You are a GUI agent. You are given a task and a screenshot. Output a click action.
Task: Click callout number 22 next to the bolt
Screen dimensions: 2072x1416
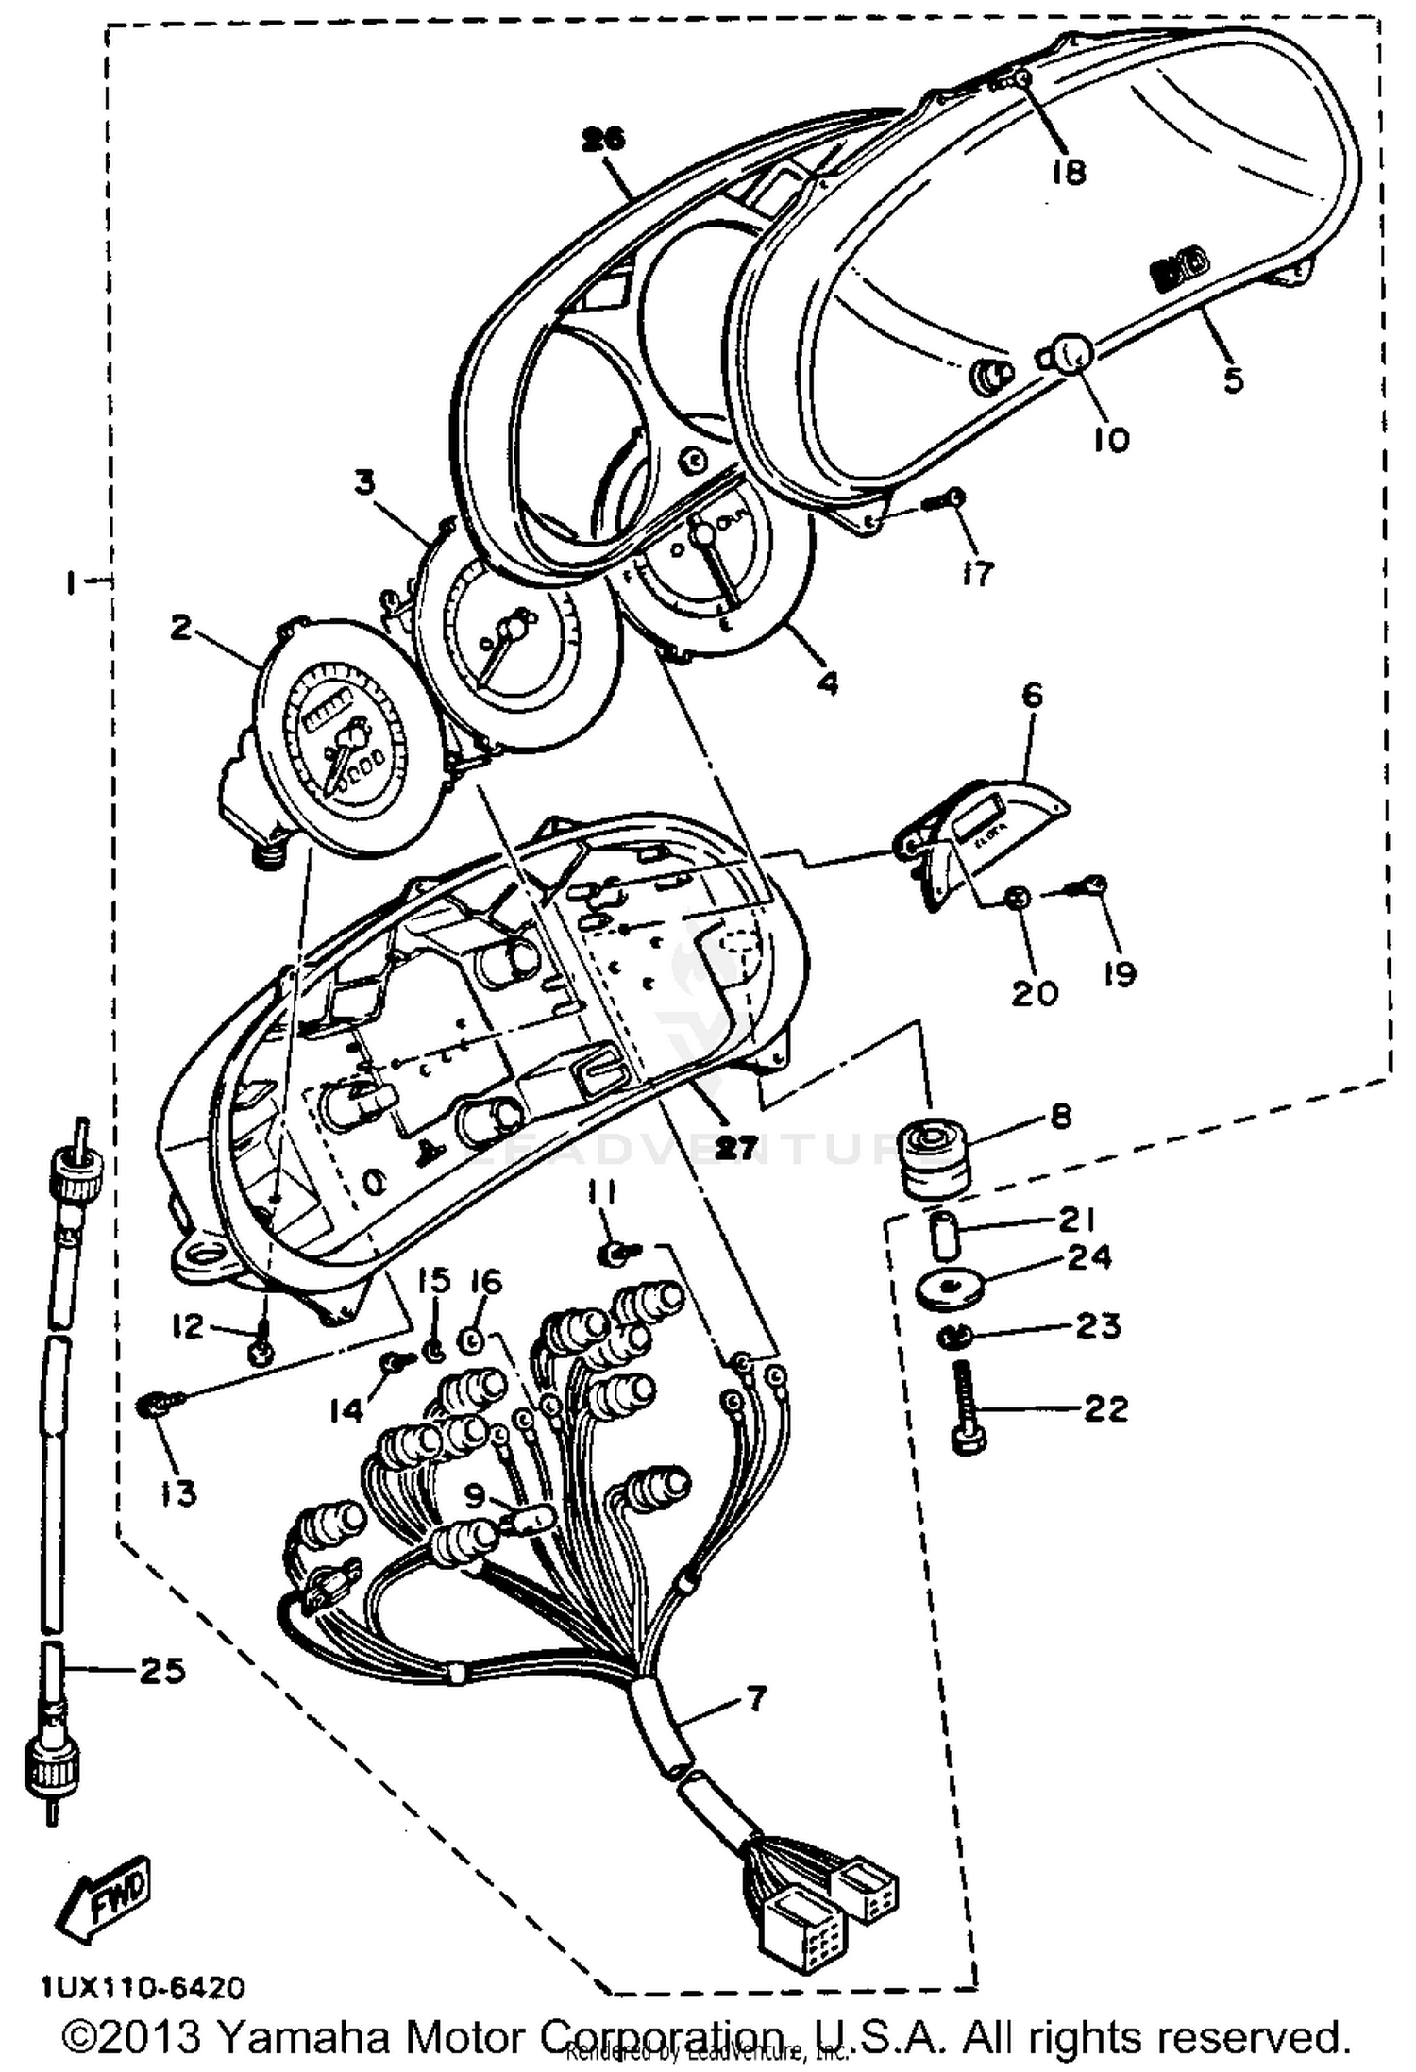1105,1409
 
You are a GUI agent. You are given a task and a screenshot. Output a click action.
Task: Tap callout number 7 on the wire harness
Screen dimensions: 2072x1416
756,1699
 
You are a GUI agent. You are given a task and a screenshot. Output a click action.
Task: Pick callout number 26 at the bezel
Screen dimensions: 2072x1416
603,140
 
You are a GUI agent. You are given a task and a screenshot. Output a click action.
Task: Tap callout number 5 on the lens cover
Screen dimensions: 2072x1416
1233,379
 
